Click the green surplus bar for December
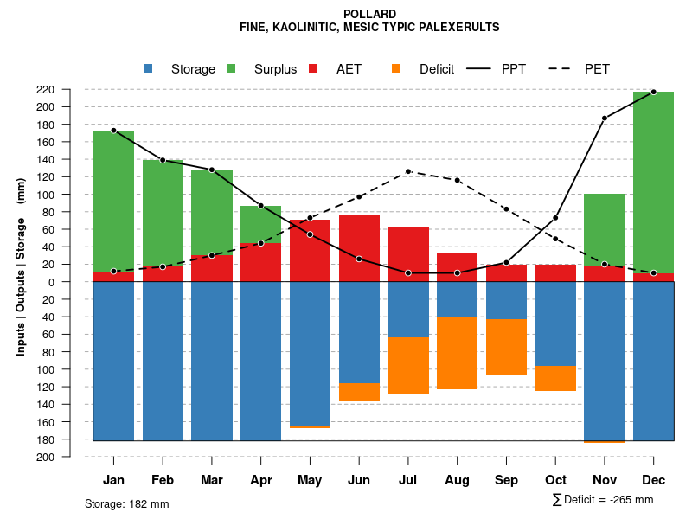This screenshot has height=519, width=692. click(x=653, y=182)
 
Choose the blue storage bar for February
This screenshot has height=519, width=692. click(x=163, y=361)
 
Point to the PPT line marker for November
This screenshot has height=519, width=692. click(x=605, y=118)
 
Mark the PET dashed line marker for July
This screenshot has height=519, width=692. click(x=408, y=171)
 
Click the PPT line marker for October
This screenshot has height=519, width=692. click(x=555, y=218)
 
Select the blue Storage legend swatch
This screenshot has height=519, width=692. click(x=149, y=68)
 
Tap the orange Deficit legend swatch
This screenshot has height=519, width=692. click(x=396, y=68)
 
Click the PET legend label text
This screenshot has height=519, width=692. click(x=597, y=69)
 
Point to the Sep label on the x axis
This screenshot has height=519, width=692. click(x=506, y=480)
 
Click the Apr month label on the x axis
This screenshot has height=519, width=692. click(x=261, y=480)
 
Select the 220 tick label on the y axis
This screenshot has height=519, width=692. click(x=70, y=90)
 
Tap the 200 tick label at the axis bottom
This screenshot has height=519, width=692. click(x=70, y=458)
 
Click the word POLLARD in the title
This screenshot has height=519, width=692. click(x=369, y=14)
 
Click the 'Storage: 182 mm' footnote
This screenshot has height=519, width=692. click(x=126, y=503)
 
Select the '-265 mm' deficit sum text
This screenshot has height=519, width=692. click(x=631, y=500)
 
